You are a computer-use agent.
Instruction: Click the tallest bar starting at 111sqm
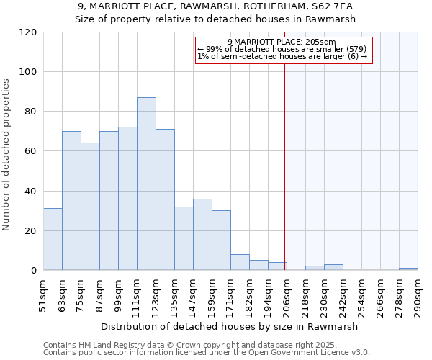[x=146, y=184]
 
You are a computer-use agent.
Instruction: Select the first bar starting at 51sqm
[x=53, y=239]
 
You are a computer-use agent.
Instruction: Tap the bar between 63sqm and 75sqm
[x=71, y=201]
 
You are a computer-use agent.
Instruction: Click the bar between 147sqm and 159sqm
[x=202, y=235]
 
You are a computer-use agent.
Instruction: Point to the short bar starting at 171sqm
[x=240, y=263]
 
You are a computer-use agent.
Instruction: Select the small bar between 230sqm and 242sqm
[x=333, y=267]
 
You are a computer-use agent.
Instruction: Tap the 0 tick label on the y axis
[x=33, y=271]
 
